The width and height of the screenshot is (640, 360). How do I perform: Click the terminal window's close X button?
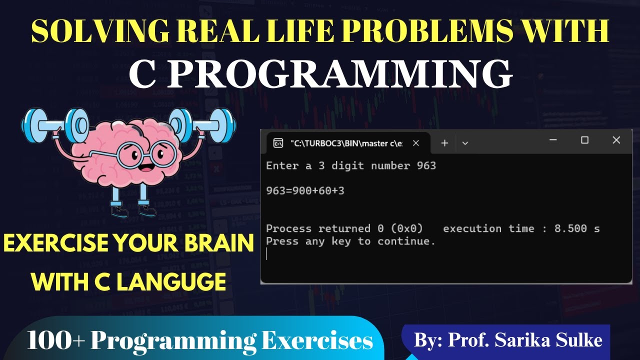(616, 140)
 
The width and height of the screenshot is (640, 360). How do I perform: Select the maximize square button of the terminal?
(584, 140)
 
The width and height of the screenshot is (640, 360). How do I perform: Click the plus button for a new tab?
(444, 143)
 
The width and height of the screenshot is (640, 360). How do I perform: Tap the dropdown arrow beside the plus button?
(465, 143)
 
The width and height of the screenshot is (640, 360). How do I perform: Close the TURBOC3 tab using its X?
(415, 143)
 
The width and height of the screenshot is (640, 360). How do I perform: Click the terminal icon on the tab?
(278, 143)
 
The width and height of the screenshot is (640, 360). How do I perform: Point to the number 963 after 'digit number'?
(426, 165)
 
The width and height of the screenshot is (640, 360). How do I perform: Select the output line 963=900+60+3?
(305, 190)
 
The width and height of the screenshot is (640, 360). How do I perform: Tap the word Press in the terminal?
(281, 241)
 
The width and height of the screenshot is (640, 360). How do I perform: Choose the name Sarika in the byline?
(520, 340)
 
